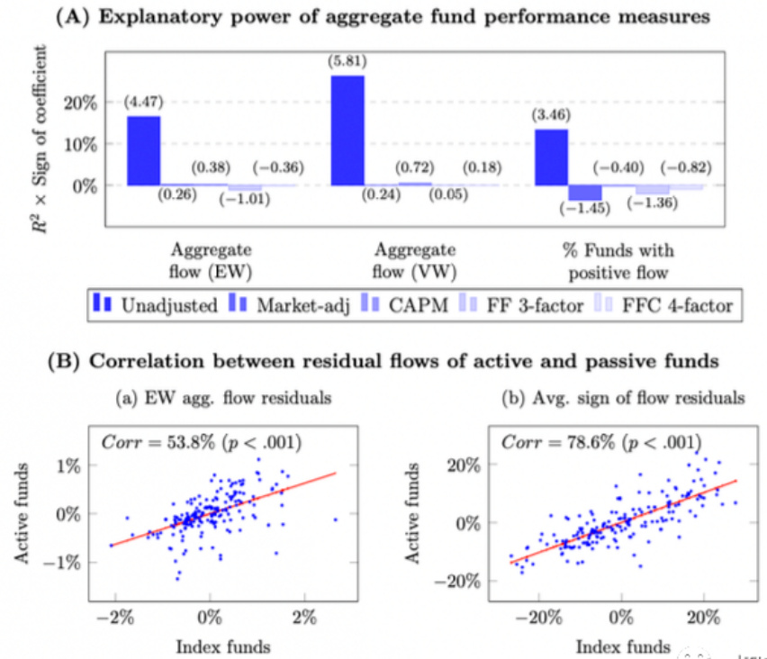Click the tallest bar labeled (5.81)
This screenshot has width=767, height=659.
pos(348,130)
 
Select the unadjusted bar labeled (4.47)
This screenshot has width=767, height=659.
pos(143,150)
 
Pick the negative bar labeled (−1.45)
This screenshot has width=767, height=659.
pos(585,193)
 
